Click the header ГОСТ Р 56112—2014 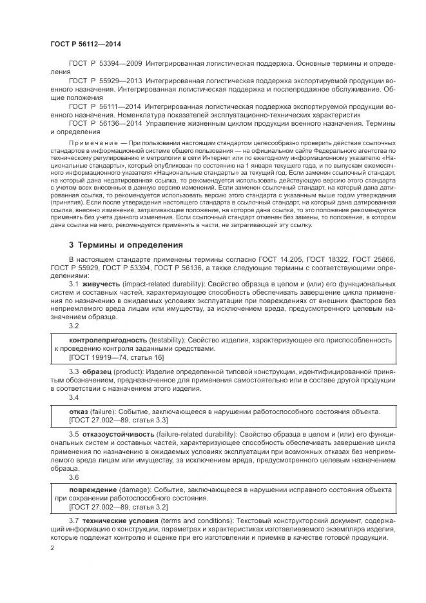tap(86, 44)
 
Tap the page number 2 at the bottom tap(52, 548)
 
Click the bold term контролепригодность tap(107, 339)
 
